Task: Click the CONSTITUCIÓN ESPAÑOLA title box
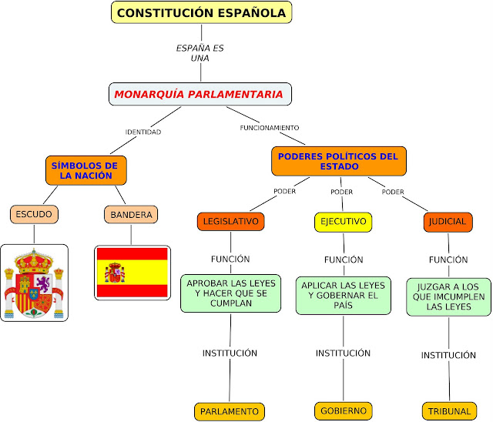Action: point(203,12)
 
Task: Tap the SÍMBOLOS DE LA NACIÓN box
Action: point(86,170)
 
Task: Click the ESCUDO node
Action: point(35,213)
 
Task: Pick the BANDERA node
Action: point(131,214)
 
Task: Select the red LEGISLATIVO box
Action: point(230,222)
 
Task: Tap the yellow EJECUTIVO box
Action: point(343,222)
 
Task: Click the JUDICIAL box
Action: point(448,222)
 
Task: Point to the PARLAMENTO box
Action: point(230,411)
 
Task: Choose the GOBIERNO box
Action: point(344,410)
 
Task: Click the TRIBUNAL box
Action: point(450,410)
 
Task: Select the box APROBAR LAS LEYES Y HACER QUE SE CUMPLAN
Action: point(230,293)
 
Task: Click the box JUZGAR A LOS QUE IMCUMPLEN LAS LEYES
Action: point(448,296)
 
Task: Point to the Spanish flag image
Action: point(131,272)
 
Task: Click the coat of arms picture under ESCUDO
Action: point(34,283)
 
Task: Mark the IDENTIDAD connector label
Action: point(143,132)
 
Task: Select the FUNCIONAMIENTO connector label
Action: point(270,127)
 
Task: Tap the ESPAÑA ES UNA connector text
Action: point(200,52)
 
